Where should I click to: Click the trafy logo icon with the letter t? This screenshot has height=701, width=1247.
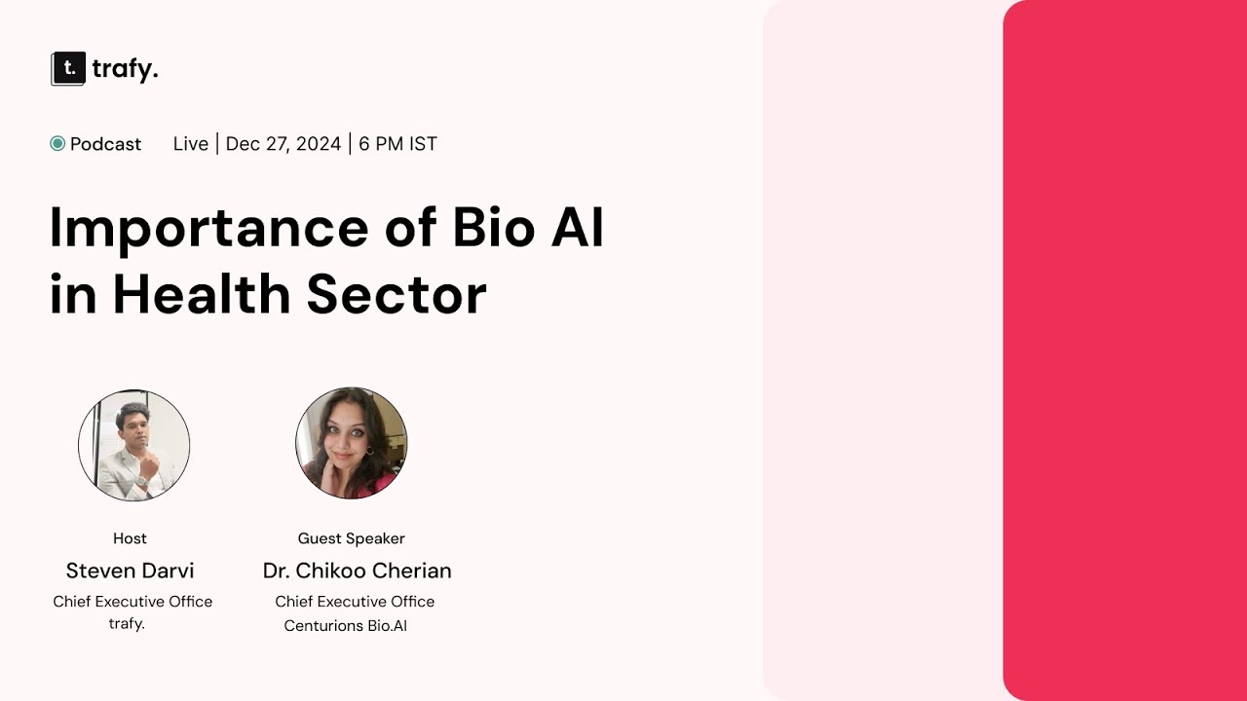pyautogui.click(x=68, y=69)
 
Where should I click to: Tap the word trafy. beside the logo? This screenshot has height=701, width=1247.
pyautogui.click(x=125, y=69)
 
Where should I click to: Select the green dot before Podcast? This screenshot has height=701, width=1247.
pyautogui.click(x=57, y=144)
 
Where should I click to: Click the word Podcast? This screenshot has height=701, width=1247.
pyautogui.click(x=105, y=144)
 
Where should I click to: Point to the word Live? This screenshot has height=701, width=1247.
pyautogui.click(x=191, y=144)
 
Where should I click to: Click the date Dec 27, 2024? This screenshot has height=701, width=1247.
pyautogui.click(x=283, y=144)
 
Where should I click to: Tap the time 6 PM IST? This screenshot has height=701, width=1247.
pyautogui.click(x=397, y=144)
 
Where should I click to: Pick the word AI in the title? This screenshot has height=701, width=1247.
pyautogui.click(x=583, y=228)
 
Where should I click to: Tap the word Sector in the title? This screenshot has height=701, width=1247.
pyautogui.click(x=397, y=294)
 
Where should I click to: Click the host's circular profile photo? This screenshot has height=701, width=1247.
pyautogui.click(x=133, y=445)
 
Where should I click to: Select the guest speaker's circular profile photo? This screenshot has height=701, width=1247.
pyautogui.click(x=351, y=443)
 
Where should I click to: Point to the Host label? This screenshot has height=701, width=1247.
pyautogui.click(x=130, y=538)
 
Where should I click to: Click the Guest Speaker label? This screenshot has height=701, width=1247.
pyautogui.click(x=351, y=538)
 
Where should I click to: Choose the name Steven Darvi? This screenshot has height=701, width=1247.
pyautogui.click(x=130, y=571)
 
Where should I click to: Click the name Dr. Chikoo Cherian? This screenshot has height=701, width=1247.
pyautogui.click(x=357, y=571)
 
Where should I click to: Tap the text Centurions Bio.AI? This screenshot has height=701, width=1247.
pyautogui.click(x=345, y=626)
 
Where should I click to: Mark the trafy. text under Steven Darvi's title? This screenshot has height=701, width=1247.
pyautogui.click(x=127, y=623)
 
